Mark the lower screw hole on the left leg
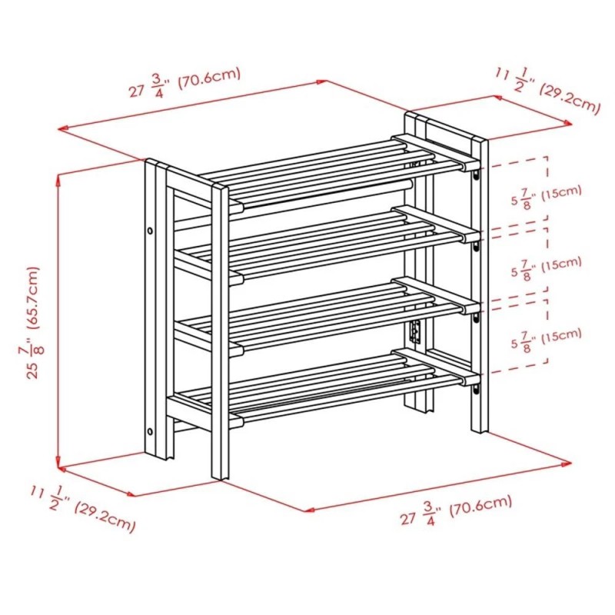150,431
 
